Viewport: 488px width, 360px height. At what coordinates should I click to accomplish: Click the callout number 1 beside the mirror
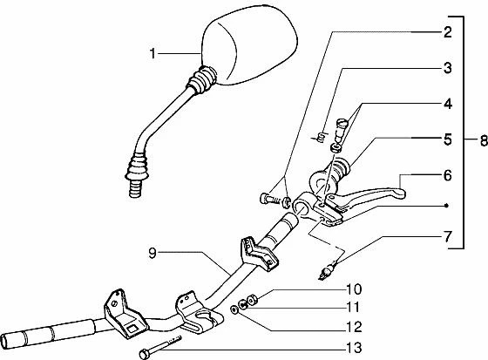[x=152, y=53]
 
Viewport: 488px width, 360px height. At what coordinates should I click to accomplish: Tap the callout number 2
[x=448, y=32]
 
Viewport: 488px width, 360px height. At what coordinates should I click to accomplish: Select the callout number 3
[x=448, y=68]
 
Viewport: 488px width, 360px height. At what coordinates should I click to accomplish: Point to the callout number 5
[x=448, y=139]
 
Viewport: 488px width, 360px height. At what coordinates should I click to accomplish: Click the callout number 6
[x=448, y=175]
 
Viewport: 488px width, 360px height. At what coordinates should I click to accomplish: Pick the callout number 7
[x=448, y=237]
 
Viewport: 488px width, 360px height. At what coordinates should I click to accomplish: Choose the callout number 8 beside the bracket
[x=484, y=140]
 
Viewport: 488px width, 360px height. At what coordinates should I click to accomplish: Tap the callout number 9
[x=152, y=253]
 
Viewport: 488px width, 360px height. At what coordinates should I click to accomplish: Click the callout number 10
[x=354, y=289]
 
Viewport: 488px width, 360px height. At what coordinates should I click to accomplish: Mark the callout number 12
[x=354, y=327]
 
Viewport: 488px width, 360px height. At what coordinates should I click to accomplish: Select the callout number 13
[x=354, y=348]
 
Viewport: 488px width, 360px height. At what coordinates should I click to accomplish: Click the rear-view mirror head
[x=249, y=45]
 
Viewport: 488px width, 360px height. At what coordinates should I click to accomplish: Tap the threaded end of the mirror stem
[x=135, y=189]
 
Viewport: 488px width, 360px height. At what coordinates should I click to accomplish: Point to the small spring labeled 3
[x=319, y=137]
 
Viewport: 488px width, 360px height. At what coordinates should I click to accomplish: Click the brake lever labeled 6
[x=367, y=197]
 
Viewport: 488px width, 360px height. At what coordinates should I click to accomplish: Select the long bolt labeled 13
[x=160, y=347]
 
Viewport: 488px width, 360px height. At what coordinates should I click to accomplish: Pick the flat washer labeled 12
[x=234, y=309]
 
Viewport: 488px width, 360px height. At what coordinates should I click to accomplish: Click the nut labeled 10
[x=252, y=300]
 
